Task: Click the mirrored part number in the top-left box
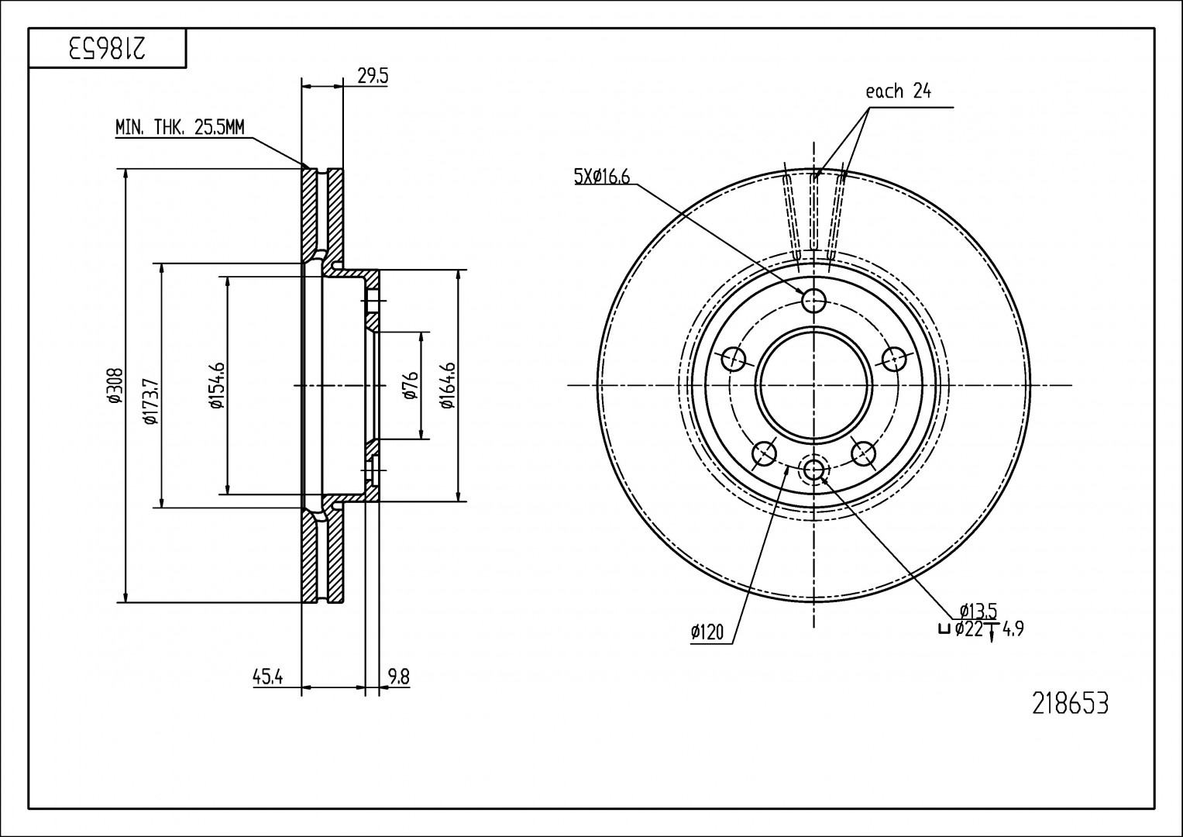107,49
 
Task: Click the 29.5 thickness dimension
372,76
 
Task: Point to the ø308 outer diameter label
113,385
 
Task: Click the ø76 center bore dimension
411,385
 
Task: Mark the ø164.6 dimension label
446,385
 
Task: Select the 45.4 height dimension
267,677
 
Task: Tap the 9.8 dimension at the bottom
397,677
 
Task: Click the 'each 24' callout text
898,91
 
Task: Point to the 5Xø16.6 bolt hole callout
602,177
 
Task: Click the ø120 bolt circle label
707,633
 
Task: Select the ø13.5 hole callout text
977,611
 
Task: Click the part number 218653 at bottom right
1070,704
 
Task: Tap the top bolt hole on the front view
814,300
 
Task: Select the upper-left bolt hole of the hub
734,359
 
